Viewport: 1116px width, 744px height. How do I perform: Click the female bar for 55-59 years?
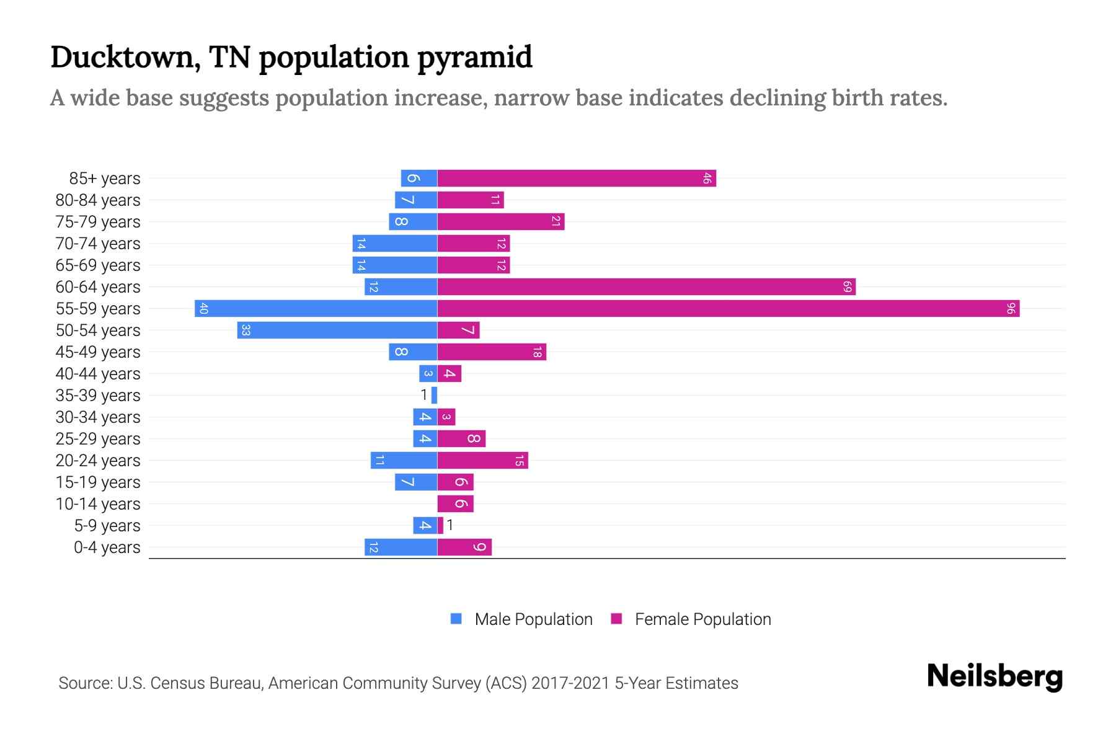tap(728, 308)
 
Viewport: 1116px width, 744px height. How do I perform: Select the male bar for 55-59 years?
tap(316, 308)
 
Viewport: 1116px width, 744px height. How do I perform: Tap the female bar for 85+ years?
tap(577, 179)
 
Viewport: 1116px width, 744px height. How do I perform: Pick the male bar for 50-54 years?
tap(337, 330)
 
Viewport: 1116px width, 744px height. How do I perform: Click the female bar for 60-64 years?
tap(646, 287)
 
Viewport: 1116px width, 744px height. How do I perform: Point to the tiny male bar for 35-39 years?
tap(434, 396)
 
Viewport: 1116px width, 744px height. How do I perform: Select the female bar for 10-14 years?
tap(455, 504)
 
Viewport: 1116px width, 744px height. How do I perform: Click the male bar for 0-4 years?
tap(401, 547)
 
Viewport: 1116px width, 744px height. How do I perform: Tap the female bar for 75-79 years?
tap(500, 222)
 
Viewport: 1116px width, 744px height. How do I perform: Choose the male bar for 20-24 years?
tap(404, 461)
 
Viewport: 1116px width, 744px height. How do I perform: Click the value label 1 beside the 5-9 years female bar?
tap(450, 525)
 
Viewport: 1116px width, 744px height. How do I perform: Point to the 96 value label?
tap(1011, 308)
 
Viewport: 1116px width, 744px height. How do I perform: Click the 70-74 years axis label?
tap(98, 244)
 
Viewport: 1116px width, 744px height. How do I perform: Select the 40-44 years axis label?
tap(98, 374)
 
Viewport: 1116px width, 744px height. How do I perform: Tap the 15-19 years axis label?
tap(98, 482)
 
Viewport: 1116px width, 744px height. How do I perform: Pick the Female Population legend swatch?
tap(616, 619)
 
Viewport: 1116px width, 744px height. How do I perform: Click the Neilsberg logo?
tap(994, 676)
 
